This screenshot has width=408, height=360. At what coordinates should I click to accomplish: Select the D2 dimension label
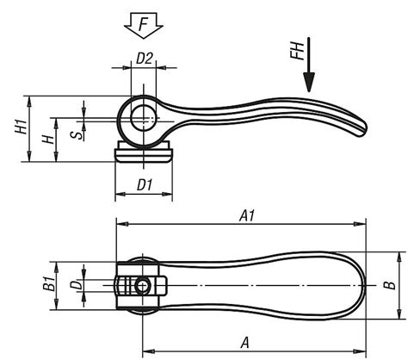[x=145, y=59]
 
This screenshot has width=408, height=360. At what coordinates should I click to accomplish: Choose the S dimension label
[x=76, y=133]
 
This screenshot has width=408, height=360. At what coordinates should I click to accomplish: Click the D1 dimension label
[x=144, y=184]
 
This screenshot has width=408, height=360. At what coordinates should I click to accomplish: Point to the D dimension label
[x=76, y=284]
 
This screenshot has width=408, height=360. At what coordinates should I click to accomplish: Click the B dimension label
[x=389, y=284]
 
